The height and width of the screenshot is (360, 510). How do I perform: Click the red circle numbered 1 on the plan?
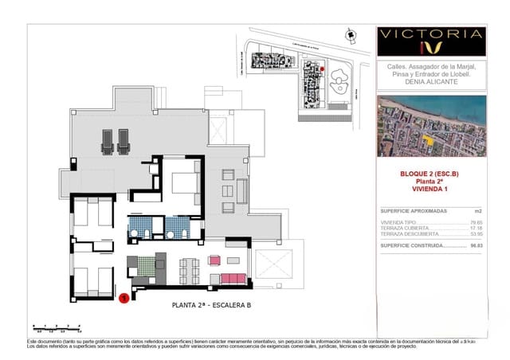pos(124,299)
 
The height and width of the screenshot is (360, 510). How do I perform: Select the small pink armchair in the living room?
pos(214,260)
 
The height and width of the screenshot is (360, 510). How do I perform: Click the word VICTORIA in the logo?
pos(431,33)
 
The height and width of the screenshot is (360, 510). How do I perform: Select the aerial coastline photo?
pos(431,126)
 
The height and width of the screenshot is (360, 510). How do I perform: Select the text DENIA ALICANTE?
pos(431,81)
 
